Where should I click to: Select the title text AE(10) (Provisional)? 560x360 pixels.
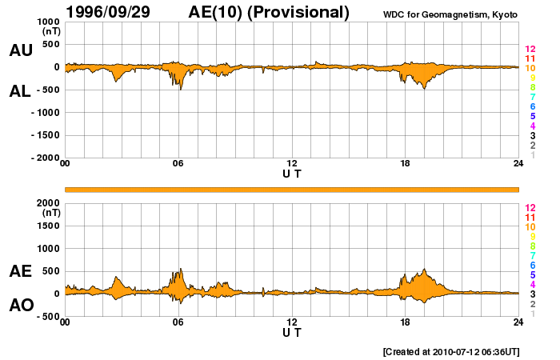pos(269,12)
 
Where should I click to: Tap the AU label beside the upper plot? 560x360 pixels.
pos(21,50)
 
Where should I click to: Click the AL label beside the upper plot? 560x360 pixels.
pos(21,91)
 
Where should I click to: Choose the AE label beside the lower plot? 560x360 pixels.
pos(21,271)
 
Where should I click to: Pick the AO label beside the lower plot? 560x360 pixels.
pos(21,305)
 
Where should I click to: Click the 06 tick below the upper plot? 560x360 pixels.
pos(178,163)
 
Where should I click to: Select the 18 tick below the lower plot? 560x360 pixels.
pos(405,322)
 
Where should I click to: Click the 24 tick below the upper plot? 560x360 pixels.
pos(518,163)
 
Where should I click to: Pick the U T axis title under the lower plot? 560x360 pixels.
pos(292,332)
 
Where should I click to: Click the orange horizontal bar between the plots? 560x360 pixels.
pos(292,189)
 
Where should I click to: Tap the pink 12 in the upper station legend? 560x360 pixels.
pos(530,50)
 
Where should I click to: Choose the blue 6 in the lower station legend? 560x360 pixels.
pos(532,265)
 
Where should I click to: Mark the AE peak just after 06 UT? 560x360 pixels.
pos(182,270)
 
